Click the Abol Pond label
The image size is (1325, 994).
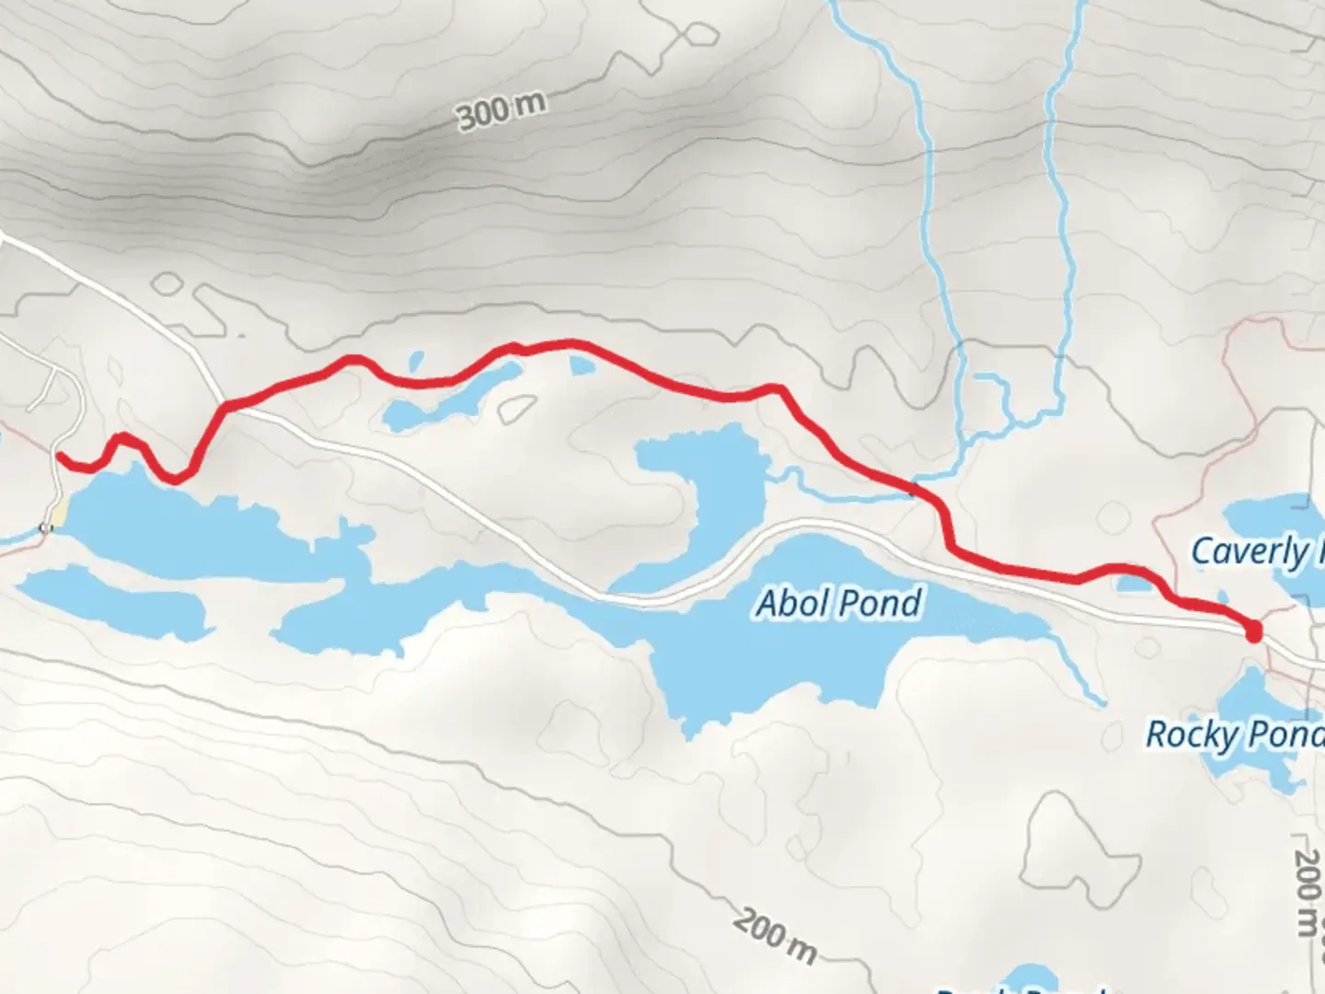[838, 604]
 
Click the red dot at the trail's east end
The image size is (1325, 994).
[1252, 631]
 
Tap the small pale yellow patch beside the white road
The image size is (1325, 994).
[58, 513]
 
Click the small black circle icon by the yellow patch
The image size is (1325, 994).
[45, 527]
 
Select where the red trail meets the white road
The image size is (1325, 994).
[225, 405]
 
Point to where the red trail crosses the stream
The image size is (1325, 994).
[914, 487]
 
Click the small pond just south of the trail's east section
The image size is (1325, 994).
[1132, 583]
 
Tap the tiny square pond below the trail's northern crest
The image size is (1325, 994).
[582, 366]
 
